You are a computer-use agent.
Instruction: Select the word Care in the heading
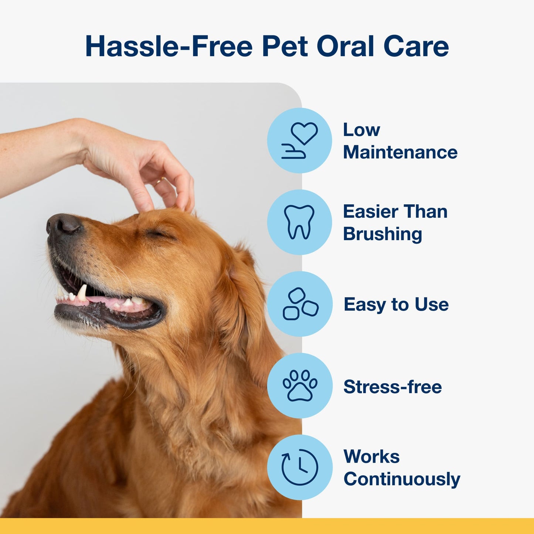click(416, 47)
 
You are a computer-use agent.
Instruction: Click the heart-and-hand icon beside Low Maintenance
click(299, 140)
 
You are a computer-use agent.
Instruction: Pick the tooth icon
click(299, 222)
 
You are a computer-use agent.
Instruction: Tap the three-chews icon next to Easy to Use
click(300, 304)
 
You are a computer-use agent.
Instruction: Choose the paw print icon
click(300, 385)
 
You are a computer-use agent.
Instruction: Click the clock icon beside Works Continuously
click(300, 467)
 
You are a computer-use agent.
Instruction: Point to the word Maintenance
click(400, 152)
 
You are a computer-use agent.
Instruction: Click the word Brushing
click(382, 234)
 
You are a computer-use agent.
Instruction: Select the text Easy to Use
click(396, 305)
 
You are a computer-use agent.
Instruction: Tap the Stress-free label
click(392, 387)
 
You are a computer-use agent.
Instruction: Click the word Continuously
click(402, 479)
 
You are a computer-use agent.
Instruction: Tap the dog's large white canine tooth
click(82, 292)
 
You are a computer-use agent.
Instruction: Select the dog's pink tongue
click(107, 301)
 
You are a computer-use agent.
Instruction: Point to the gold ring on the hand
click(159, 181)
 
